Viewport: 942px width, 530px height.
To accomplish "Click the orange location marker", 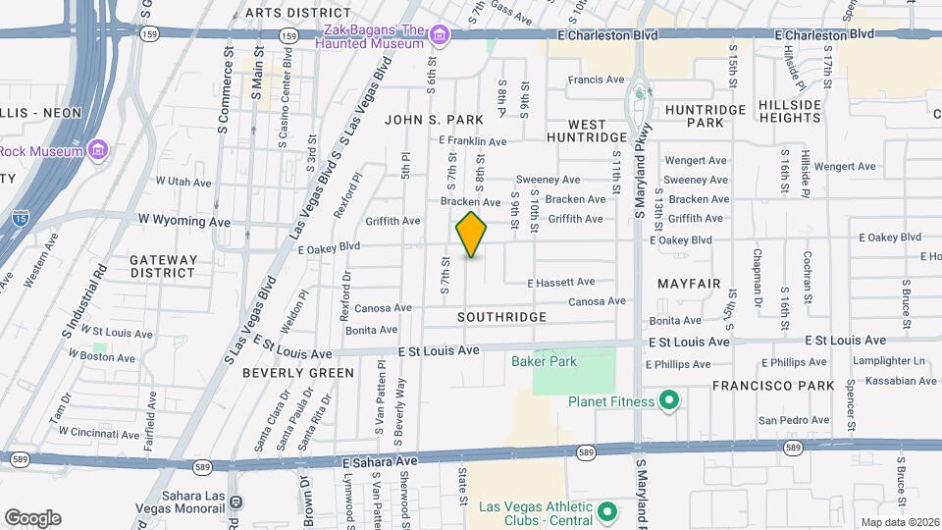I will [x=471, y=235].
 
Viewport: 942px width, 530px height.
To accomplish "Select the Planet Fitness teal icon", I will [x=669, y=399].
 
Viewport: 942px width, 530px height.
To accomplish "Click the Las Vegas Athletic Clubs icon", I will [x=606, y=511].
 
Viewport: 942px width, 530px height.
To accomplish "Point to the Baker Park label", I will [x=544, y=361].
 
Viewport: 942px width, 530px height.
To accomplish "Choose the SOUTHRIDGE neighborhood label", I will [x=501, y=317].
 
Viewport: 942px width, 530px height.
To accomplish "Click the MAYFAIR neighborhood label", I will [x=689, y=284].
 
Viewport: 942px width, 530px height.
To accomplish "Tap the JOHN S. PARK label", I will [x=434, y=120].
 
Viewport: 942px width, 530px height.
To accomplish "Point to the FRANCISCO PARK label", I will [x=773, y=386].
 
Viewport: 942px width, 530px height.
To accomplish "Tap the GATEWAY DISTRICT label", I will [x=164, y=266].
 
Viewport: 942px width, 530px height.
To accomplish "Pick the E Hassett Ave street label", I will [x=560, y=282].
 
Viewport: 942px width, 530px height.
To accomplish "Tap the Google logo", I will [x=32, y=517].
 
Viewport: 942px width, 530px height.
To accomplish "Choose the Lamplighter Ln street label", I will [x=875, y=361].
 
